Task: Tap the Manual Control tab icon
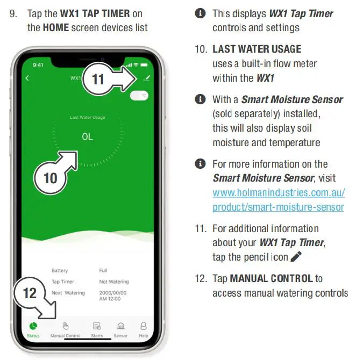[65, 326]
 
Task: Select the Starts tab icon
[97, 326]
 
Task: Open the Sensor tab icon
[120, 326]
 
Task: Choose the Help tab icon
[144, 326]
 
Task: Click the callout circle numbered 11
[98, 80]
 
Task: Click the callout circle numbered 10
[50, 177]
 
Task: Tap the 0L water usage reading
[87, 137]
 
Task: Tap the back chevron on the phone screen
[28, 78]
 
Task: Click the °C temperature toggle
[139, 95]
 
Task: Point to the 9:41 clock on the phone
[38, 64]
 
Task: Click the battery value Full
[104, 270]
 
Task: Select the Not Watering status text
[114, 282]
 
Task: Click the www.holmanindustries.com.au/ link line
[279, 192]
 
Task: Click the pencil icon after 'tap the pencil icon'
[296, 257]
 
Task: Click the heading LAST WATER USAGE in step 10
[257, 49]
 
